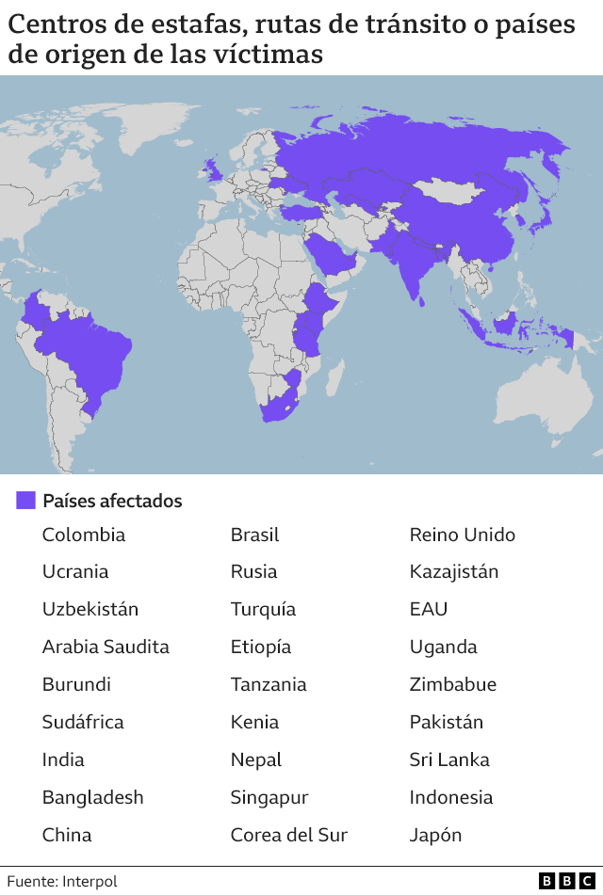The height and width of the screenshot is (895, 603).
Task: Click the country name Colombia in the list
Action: (83, 535)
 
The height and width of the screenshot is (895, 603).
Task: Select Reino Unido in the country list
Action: (462, 535)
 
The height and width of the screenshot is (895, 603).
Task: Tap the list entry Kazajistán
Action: (453, 571)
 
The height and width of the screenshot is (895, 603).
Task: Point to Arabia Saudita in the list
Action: (106, 647)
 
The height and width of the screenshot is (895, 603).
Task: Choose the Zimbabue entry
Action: (452, 684)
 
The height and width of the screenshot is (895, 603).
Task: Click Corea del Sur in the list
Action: (288, 835)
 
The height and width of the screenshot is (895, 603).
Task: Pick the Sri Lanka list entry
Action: (448, 759)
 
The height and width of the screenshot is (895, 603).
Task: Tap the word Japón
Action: (435, 835)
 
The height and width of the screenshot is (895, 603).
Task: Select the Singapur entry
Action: (269, 797)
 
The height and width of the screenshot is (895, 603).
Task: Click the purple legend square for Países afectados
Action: (25, 501)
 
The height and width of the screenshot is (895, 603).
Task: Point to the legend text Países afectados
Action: (112, 501)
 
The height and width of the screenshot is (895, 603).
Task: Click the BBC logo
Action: (566, 881)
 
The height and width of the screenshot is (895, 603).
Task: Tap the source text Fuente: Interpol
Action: (62, 881)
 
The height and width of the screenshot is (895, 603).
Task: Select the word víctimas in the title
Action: (273, 55)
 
